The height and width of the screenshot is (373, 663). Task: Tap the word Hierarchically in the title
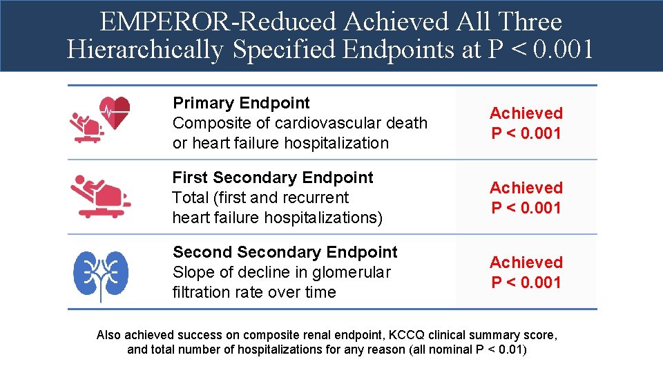pyautogui.click(x=146, y=50)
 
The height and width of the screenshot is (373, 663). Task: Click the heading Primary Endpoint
pyautogui.click(x=241, y=103)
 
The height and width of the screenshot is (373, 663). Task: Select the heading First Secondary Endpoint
pyautogui.click(x=272, y=178)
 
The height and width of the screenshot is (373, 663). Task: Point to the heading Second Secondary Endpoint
pyautogui.click(x=285, y=252)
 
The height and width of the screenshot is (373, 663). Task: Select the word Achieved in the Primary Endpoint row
pyautogui.click(x=526, y=113)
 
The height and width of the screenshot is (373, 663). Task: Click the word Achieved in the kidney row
pyautogui.click(x=526, y=262)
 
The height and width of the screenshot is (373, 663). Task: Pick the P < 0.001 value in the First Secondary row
pyautogui.click(x=526, y=208)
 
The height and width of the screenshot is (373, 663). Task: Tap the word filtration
pyautogui.click(x=200, y=292)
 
